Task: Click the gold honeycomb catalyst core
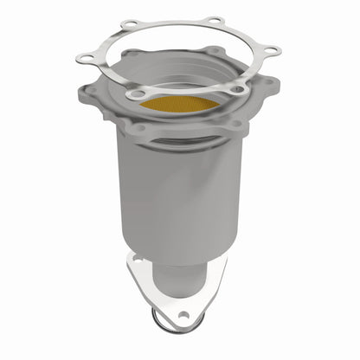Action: [179, 105]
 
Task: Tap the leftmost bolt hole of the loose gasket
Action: [85, 58]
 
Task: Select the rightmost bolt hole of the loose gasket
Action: [271, 50]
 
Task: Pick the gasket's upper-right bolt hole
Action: [214, 21]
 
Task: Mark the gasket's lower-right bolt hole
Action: [235, 88]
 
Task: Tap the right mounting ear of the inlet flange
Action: [271, 83]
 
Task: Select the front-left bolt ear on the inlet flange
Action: [138, 129]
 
